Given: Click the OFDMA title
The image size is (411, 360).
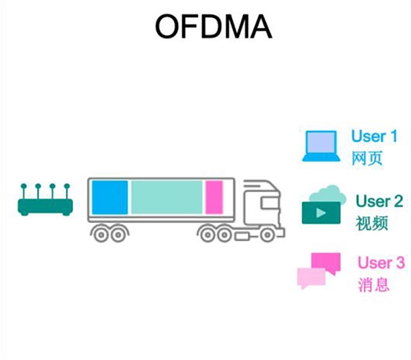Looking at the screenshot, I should pos(213,27).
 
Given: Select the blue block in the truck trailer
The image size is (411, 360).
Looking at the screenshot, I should pos(110,197).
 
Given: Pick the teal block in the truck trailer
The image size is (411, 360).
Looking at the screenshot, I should pos(166,197).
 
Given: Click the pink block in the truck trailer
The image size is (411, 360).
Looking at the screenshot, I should pos(214,197).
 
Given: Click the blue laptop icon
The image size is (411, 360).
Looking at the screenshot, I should pos(320,146).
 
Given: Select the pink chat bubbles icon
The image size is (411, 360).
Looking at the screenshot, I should pos(317,270).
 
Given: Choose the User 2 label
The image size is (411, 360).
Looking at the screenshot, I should pos(379,202).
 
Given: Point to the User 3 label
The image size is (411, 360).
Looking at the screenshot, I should pos(381,263).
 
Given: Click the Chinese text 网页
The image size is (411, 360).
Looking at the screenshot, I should pos(366,158).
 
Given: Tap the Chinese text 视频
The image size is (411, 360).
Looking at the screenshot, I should pos(372,224).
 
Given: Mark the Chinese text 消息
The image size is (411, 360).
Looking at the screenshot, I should pos(373,285).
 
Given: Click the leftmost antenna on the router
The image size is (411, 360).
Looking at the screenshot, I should pos(24,188).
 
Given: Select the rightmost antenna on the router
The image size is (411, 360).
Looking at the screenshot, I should pos(67,188).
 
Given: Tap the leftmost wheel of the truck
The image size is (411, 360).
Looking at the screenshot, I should pos(101,235).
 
